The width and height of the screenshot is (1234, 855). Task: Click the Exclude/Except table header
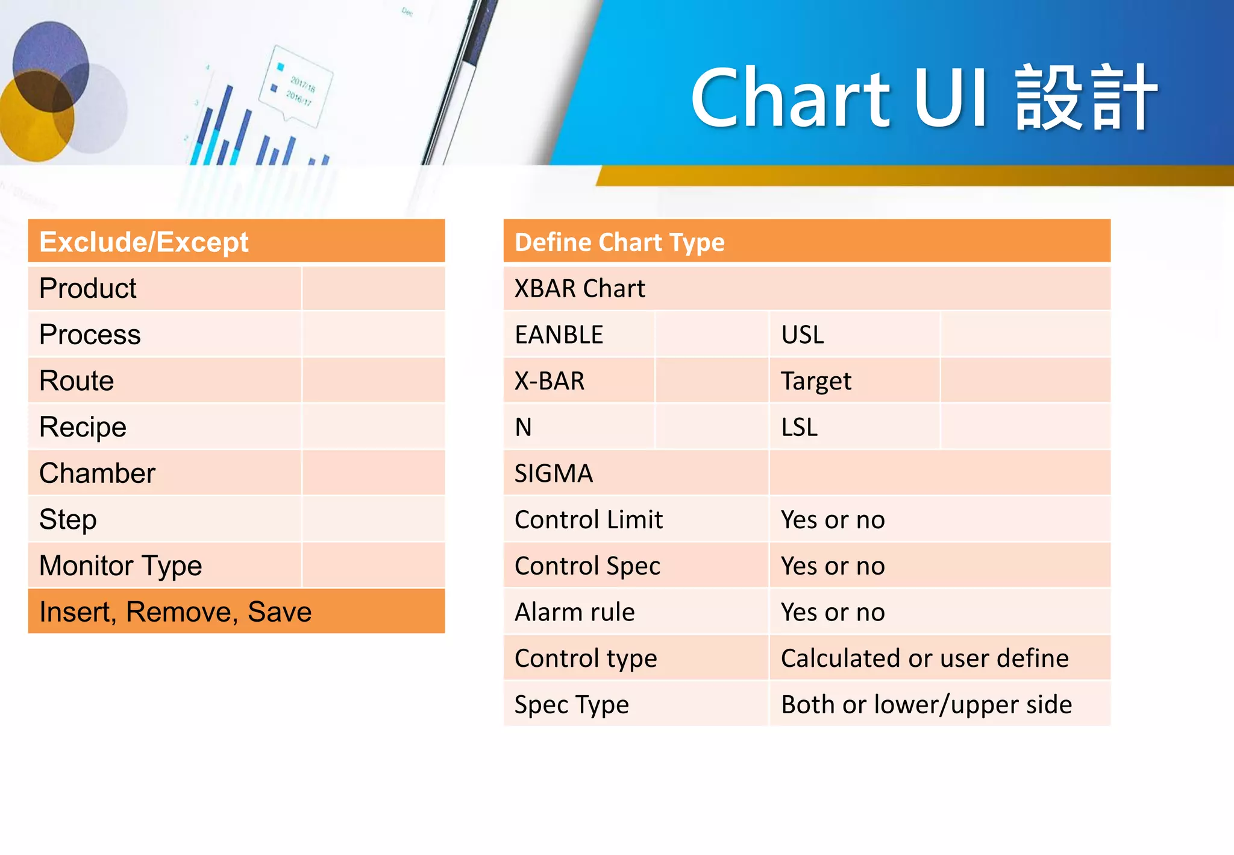coord(143,242)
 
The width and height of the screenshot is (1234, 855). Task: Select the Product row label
coord(88,288)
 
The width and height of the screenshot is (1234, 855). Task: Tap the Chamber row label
coord(97,473)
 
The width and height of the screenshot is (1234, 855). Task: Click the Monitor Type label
coord(121,566)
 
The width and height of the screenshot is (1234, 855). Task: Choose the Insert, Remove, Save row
coord(175,612)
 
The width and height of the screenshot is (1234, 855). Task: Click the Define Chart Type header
coord(619,242)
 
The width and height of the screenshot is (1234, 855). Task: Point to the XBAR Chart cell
coord(580,289)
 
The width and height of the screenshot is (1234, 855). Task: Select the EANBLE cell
coord(559,335)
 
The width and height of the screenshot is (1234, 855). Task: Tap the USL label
coord(803,335)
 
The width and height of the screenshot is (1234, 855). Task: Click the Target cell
coord(816,381)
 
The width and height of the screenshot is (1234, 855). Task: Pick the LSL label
coord(800,427)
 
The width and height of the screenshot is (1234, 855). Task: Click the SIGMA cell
coord(554,473)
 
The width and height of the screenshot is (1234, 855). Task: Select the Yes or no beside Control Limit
coord(833,520)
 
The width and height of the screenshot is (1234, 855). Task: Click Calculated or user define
coord(924,658)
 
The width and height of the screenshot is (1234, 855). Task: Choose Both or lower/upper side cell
coord(926,705)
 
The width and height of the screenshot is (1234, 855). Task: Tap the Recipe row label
coord(83,427)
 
